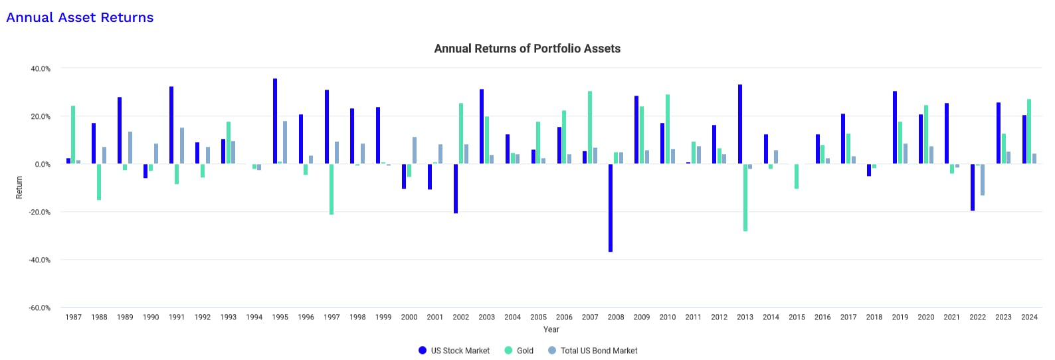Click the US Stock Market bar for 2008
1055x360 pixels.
[x=611, y=208]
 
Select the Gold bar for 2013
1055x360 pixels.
[x=745, y=197]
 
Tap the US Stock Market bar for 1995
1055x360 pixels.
[x=275, y=121]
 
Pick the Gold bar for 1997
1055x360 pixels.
[x=332, y=189]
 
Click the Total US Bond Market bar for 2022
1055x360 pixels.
[x=983, y=179]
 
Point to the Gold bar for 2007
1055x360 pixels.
[x=590, y=128]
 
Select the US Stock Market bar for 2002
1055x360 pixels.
[x=456, y=189]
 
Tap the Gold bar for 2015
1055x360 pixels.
[x=797, y=176]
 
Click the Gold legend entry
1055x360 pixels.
[x=519, y=351]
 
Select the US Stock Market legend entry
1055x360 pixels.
[x=454, y=351]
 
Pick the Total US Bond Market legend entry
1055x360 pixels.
[x=593, y=351]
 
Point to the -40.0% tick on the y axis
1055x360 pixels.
[x=40, y=260]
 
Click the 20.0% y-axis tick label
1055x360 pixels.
[x=40, y=117]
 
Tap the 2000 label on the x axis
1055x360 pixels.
[x=409, y=317]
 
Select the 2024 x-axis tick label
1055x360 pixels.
[x=1029, y=317]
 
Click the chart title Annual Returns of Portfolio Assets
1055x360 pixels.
[x=527, y=48]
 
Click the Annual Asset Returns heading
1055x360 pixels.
[x=80, y=18]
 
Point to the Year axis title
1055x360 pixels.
[x=551, y=329]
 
